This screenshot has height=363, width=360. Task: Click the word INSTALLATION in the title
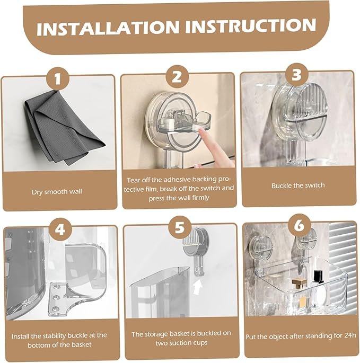[x=108, y=27]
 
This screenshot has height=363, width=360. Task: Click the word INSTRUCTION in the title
[x=250, y=25]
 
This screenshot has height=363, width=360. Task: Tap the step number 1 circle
[x=58, y=79]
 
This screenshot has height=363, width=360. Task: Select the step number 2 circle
[x=177, y=77]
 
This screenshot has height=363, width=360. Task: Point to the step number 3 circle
[x=297, y=75]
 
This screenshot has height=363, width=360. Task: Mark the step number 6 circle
[x=300, y=225]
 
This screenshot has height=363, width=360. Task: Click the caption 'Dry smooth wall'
[x=57, y=192]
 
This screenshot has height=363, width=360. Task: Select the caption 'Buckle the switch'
[x=298, y=185]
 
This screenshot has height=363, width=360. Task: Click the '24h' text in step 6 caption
[x=350, y=335]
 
